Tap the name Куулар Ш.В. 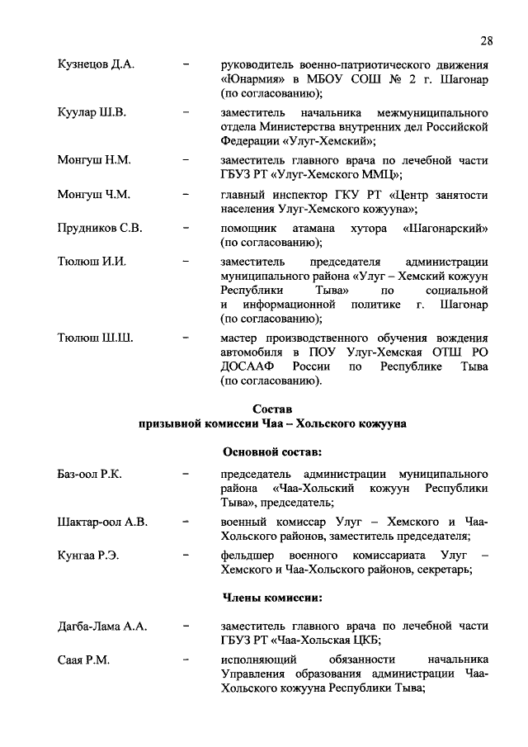click(x=92, y=111)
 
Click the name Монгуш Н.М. click(x=95, y=158)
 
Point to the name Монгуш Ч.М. click(x=95, y=195)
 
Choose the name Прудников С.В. click(x=100, y=228)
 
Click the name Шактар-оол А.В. click(x=102, y=522)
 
